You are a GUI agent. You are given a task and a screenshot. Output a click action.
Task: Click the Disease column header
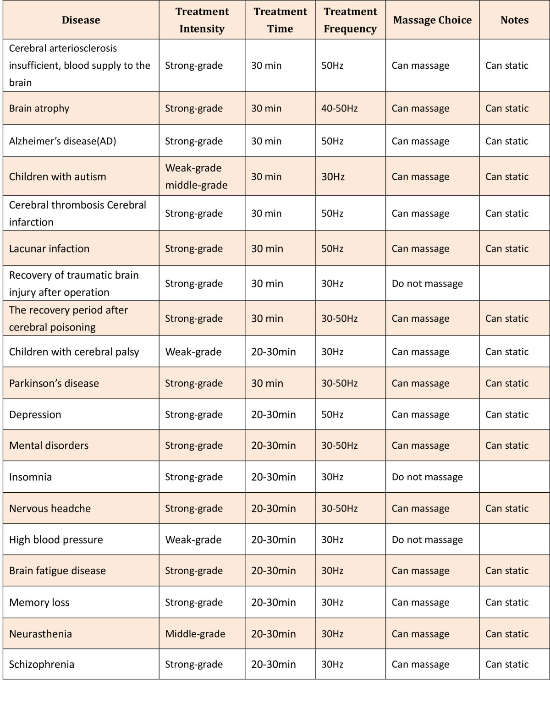click(x=81, y=20)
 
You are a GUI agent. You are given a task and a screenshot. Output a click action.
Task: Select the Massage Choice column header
click(x=432, y=20)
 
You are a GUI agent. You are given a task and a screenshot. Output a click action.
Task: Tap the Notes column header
click(x=514, y=20)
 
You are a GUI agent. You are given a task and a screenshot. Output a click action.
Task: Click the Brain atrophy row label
click(x=39, y=109)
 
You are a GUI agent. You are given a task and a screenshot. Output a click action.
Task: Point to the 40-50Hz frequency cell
click(x=339, y=109)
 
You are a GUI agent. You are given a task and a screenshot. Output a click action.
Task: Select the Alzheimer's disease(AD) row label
click(x=63, y=141)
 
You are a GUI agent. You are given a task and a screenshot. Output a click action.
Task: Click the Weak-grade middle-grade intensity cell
click(x=196, y=176)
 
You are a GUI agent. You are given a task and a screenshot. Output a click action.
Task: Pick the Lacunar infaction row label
click(x=49, y=249)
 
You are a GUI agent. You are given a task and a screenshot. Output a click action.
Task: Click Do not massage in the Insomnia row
click(x=427, y=477)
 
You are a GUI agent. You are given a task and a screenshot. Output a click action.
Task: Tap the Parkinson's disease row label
click(x=54, y=384)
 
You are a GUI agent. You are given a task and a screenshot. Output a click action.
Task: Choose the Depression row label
click(x=35, y=415)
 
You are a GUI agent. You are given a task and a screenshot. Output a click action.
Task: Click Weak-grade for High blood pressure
click(x=193, y=540)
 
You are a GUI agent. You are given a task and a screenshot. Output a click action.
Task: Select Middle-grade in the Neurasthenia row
click(x=195, y=634)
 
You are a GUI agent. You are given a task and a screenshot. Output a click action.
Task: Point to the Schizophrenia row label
click(x=42, y=665)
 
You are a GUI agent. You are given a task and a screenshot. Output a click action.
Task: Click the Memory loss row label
click(x=39, y=603)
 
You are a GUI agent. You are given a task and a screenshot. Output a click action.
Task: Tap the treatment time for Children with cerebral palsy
click(x=274, y=352)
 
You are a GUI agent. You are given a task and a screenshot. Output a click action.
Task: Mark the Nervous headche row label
click(x=50, y=509)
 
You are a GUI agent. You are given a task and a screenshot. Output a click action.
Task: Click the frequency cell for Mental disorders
click(x=339, y=445)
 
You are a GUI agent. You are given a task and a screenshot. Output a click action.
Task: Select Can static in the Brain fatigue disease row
click(x=507, y=571)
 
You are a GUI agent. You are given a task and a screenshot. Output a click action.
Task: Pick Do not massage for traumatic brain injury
click(x=427, y=284)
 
